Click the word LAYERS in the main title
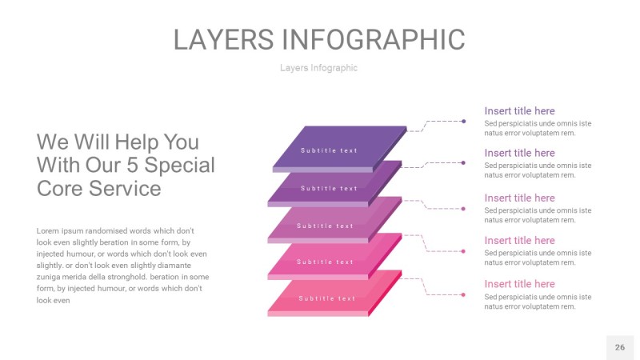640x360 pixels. [225, 39]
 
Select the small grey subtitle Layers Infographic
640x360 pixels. [318, 68]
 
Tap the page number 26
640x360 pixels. [619, 347]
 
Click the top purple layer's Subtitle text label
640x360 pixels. [329, 150]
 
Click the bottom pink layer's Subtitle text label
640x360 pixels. [327, 298]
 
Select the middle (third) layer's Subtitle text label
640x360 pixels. [325, 226]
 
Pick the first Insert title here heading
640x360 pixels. [519, 111]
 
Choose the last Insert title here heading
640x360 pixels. [519, 284]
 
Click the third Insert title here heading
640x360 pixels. [519, 198]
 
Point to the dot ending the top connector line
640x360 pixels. [464, 121]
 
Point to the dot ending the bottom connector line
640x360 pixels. [463, 295]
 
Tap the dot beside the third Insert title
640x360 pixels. [463, 209]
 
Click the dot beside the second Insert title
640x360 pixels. [463, 162]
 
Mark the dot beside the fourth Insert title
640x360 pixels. [463, 251]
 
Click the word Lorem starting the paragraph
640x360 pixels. [49, 230]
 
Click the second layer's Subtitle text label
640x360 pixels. [329, 189]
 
